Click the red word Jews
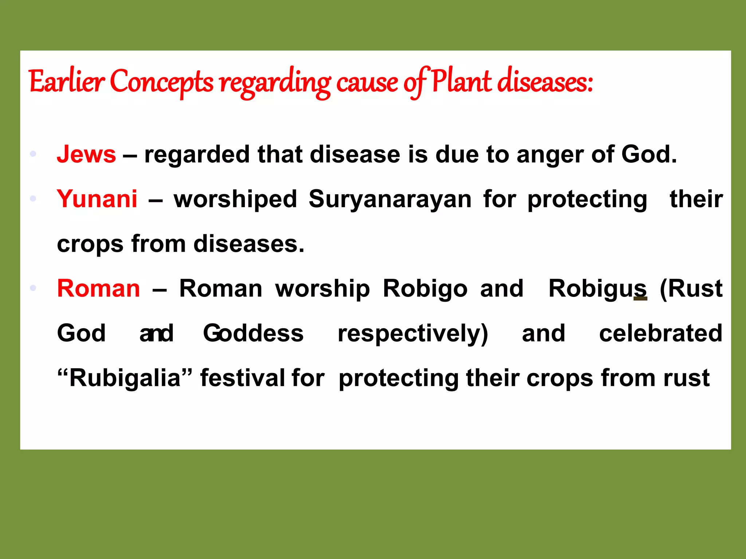[86, 154]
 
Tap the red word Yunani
[97, 199]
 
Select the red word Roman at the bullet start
[98, 289]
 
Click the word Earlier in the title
[67, 82]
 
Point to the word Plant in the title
[461, 82]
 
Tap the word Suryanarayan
[390, 199]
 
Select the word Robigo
[425, 289]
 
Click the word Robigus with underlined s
[598, 289]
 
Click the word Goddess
[253, 333]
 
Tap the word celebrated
[661, 333]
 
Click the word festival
[242, 378]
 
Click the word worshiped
[235, 199]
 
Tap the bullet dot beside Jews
[33, 154]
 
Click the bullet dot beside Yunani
[33, 199]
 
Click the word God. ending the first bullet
[649, 154]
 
